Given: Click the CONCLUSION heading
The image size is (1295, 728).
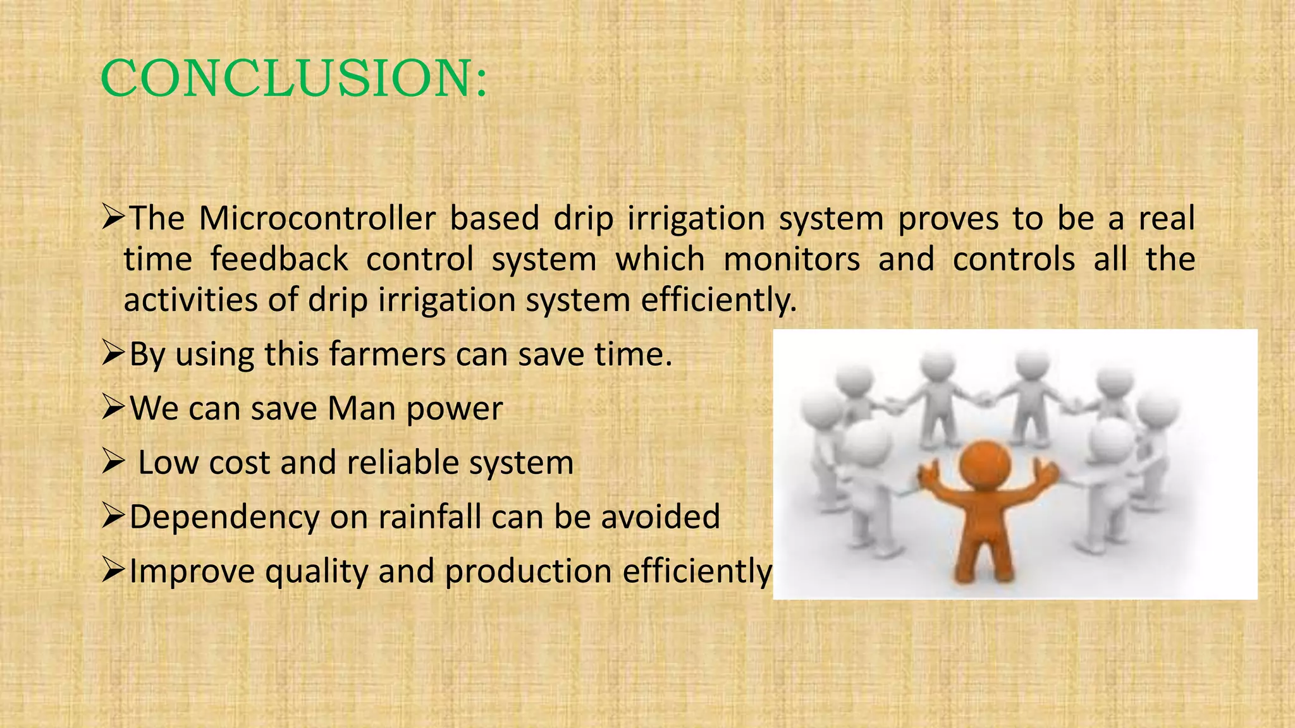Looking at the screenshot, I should [x=294, y=78].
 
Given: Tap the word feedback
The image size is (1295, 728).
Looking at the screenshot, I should [x=279, y=260].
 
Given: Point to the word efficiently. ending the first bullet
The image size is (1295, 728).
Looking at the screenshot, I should [x=719, y=300].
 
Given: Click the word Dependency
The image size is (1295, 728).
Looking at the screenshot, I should [x=224, y=518].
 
